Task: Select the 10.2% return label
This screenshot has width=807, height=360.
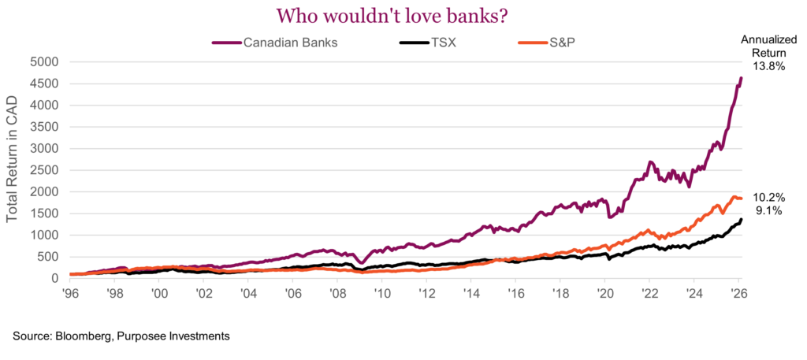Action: point(769,197)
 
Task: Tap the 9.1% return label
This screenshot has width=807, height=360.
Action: point(768,211)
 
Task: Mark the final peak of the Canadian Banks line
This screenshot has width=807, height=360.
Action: point(741,77)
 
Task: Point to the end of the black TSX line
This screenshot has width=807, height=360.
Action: point(741,220)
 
